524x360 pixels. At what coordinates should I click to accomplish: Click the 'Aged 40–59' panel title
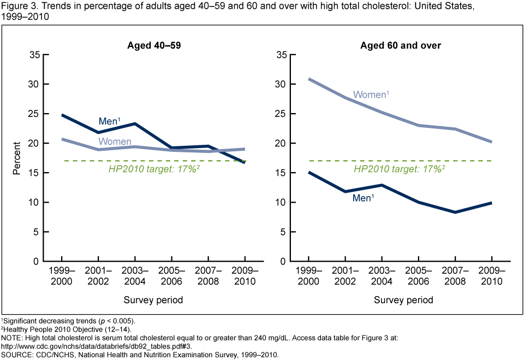pyautogui.click(x=150, y=45)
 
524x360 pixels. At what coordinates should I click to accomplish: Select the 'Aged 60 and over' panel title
pyautogui.click(x=400, y=45)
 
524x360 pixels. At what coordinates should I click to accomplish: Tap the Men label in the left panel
pyautogui.click(x=109, y=121)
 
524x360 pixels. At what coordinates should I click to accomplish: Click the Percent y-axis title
pyautogui.click(x=17, y=158)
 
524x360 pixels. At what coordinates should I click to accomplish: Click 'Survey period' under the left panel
pyautogui.click(x=153, y=300)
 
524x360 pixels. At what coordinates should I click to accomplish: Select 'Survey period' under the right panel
pyautogui.click(x=403, y=300)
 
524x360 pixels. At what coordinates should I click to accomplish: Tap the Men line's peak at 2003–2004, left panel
pyautogui.click(x=135, y=124)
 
